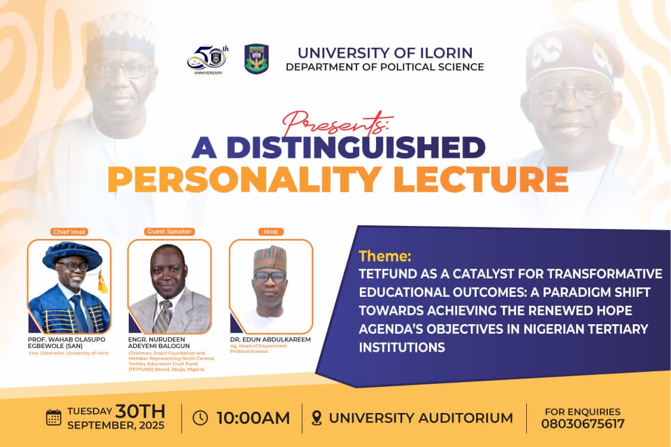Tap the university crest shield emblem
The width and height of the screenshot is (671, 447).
(x=256, y=58)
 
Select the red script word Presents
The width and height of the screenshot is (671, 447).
(x=338, y=123)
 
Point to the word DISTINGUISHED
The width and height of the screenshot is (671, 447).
(x=356, y=147)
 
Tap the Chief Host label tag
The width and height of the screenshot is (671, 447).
(x=69, y=232)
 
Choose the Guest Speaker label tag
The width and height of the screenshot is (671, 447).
(x=169, y=231)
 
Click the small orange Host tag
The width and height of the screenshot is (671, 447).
(x=271, y=232)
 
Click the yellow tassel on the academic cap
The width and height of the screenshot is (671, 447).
(x=102, y=284)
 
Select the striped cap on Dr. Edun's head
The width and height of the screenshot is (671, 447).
(x=269, y=257)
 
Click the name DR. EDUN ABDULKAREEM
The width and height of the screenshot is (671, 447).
(x=271, y=340)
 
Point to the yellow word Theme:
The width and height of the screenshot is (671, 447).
(x=385, y=256)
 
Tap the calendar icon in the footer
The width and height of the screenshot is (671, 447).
(x=54, y=417)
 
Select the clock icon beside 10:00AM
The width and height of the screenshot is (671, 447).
(x=200, y=418)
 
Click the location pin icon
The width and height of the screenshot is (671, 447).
(x=316, y=418)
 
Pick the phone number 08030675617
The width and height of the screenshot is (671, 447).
(x=582, y=424)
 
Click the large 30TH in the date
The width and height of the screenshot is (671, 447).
(x=141, y=411)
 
